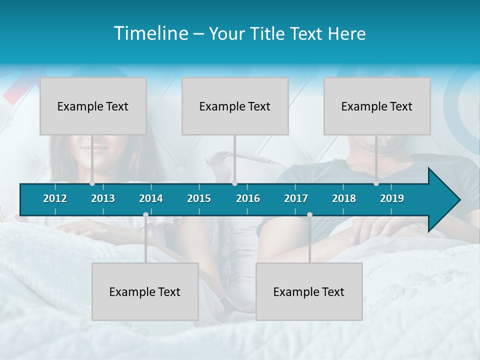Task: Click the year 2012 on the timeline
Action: click(x=55, y=198)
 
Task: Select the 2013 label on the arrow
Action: click(x=103, y=198)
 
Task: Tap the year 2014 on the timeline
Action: click(x=151, y=198)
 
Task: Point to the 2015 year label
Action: click(x=199, y=198)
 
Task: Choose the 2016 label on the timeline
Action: click(x=248, y=198)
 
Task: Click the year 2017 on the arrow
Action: click(x=296, y=198)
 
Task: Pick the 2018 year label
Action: click(x=344, y=198)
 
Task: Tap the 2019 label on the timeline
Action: click(x=392, y=198)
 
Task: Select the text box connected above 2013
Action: click(x=93, y=106)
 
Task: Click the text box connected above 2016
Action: click(x=235, y=106)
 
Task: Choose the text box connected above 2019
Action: click(x=377, y=106)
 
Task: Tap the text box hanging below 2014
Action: click(x=145, y=291)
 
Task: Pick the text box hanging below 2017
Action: click(x=309, y=291)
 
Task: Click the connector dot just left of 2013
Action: click(x=92, y=183)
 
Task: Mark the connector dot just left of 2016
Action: click(x=234, y=183)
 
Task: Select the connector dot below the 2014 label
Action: click(x=145, y=215)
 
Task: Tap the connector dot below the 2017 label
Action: click(x=309, y=215)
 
